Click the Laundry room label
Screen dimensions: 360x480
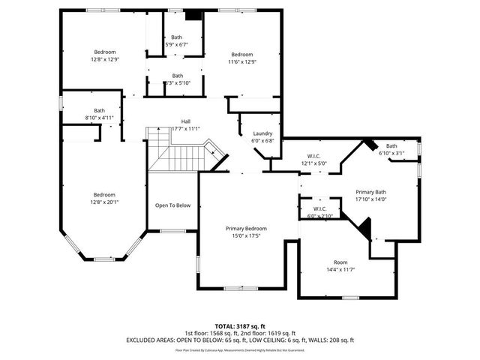click(262, 133)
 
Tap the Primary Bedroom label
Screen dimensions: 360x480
click(246, 229)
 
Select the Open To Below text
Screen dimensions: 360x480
click(172, 205)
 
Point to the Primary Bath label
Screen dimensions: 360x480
click(370, 192)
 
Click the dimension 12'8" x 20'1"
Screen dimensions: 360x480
click(104, 202)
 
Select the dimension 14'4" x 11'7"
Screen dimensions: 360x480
click(340, 270)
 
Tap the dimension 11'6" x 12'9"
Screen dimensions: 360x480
click(241, 62)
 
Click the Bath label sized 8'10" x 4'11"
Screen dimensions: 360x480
click(99, 110)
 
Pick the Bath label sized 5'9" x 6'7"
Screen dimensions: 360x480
click(177, 37)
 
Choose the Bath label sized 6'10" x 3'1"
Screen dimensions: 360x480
click(391, 145)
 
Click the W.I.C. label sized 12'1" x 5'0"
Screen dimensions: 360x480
click(315, 156)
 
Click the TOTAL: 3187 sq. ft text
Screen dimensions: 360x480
click(239, 326)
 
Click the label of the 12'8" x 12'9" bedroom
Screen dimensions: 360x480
click(104, 52)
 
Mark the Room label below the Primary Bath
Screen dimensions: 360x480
click(340, 262)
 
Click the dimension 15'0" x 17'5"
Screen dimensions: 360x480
click(246, 236)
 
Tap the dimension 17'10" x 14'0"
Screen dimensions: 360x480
click(370, 199)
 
